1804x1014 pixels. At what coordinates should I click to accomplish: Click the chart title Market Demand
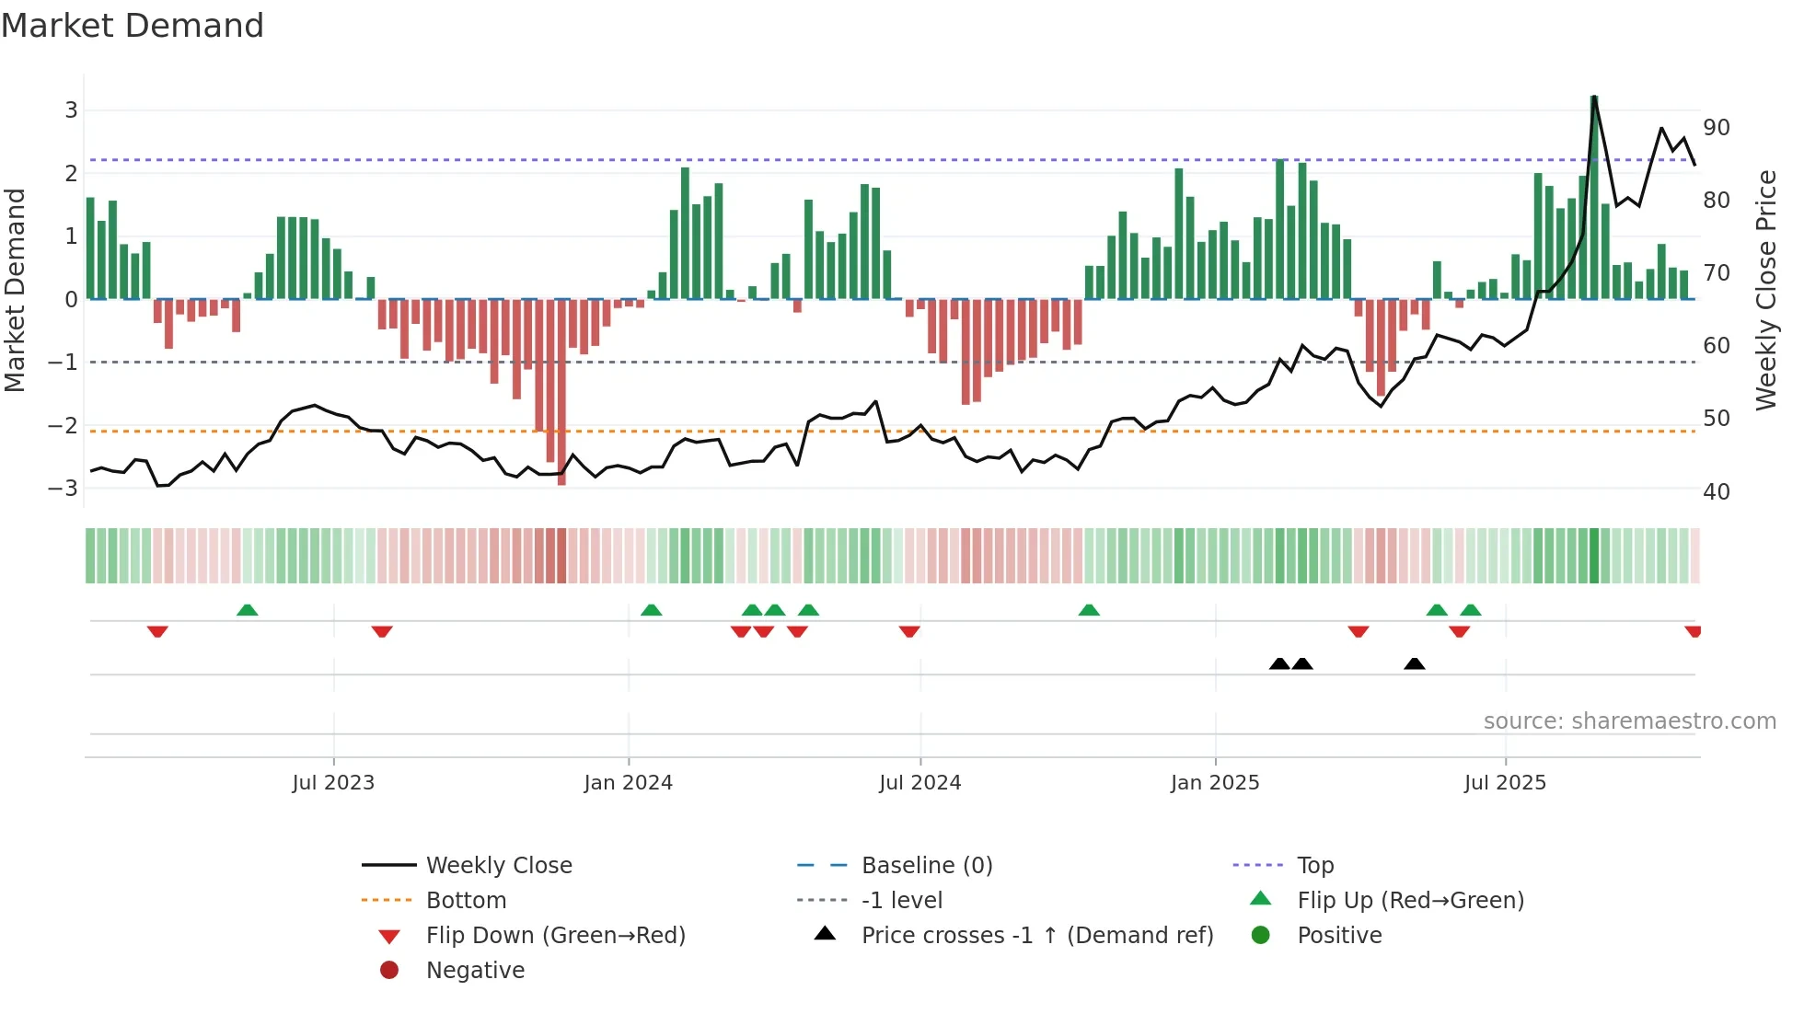(x=133, y=26)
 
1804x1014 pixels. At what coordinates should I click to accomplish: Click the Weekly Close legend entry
(x=498, y=865)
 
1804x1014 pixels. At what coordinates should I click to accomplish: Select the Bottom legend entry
(x=466, y=900)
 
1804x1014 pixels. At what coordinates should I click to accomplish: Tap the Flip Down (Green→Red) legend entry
(x=555, y=935)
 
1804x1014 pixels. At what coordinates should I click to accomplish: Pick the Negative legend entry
(x=475, y=970)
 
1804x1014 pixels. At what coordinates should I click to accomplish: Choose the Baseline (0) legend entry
(x=926, y=865)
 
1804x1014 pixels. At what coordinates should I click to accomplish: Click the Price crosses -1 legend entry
(x=1036, y=935)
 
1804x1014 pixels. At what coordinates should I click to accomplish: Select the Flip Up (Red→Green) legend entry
(x=1410, y=900)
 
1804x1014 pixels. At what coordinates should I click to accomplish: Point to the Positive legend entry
(x=1339, y=935)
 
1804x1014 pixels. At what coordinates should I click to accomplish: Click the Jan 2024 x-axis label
(x=628, y=782)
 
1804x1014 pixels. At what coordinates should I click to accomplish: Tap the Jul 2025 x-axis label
(x=1505, y=782)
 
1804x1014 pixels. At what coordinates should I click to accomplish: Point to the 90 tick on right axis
(x=1716, y=127)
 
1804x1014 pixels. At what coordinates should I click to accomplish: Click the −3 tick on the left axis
(x=64, y=488)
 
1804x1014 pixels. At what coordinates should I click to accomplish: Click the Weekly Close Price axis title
(x=1765, y=290)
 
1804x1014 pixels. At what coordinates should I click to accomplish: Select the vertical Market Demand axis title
(x=15, y=290)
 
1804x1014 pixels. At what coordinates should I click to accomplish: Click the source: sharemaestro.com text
(x=1629, y=720)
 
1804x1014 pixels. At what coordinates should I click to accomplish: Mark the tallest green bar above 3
(x=1594, y=198)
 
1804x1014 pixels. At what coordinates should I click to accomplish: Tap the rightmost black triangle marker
(x=1415, y=663)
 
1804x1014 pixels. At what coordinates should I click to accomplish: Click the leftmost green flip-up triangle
(x=247, y=610)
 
